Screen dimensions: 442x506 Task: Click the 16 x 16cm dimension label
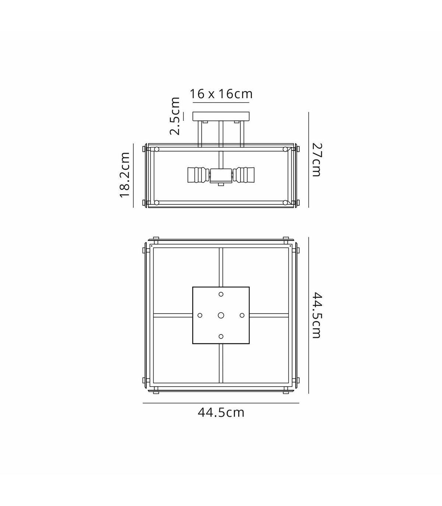pos(221,94)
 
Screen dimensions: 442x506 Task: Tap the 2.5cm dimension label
pos(175,116)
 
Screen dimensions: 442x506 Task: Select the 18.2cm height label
pos(125,175)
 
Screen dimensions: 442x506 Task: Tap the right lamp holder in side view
pos(243,175)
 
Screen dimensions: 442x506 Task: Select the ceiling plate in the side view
pos(221,117)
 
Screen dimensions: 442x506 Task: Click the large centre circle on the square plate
pos(221,315)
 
